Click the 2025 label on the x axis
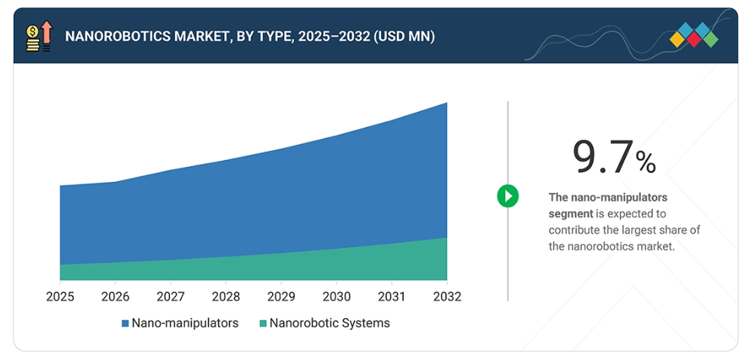point(60,297)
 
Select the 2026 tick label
point(115,297)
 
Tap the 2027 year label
point(171,297)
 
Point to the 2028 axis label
point(225,297)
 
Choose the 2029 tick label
point(281,297)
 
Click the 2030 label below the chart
point(336,297)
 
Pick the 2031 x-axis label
point(392,297)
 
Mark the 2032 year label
point(446,297)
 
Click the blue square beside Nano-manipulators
point(126,324)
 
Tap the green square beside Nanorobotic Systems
point(263,324)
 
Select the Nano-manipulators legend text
point(185,323)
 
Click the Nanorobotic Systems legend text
point(330,323)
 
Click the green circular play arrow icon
point(508,197)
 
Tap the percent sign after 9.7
point(646,161)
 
